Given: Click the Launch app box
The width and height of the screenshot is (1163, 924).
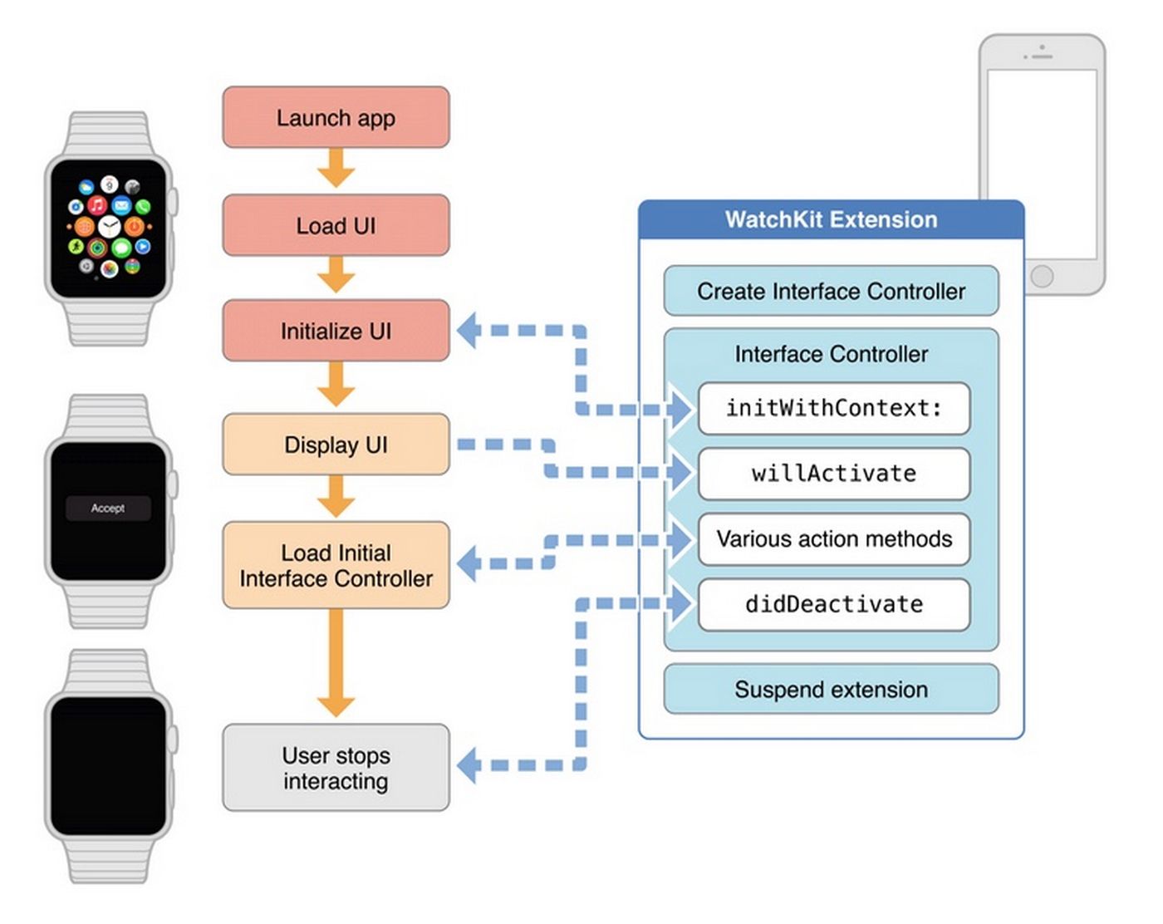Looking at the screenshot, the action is (336, 117).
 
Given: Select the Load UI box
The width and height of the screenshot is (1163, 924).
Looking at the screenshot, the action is (336, 225).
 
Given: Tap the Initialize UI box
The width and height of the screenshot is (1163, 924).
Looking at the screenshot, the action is (336, 331).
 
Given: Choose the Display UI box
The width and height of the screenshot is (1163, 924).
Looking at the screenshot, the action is (336, 445).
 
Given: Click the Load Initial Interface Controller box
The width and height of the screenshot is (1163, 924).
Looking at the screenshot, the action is (336, 565).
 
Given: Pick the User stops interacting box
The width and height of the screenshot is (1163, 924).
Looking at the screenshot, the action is (336, 768).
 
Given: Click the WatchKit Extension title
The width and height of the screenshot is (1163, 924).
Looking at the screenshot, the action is (832, 219).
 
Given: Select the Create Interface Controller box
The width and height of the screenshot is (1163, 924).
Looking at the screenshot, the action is (832, 291).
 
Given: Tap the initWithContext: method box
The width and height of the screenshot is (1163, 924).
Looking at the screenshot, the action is (834, 408).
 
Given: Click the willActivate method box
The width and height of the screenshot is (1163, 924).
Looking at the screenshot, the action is (834, 474).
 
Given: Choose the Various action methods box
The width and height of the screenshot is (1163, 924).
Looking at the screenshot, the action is (834, 539).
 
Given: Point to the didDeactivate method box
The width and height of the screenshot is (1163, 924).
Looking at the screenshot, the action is (834, 604).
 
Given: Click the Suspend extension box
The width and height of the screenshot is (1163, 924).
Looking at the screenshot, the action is (832, 690).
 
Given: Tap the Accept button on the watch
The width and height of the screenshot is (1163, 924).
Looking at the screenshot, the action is (108, 509).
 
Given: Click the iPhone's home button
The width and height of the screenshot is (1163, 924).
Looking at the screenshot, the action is (1042, 276).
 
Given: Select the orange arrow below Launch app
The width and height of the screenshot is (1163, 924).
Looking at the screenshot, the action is (336, 168).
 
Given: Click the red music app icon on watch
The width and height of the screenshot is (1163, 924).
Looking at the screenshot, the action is (97, 205).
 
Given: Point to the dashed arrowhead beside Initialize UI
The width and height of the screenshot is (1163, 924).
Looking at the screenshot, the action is (468, 331).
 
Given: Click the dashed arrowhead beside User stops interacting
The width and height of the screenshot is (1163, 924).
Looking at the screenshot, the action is (468, 765).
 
